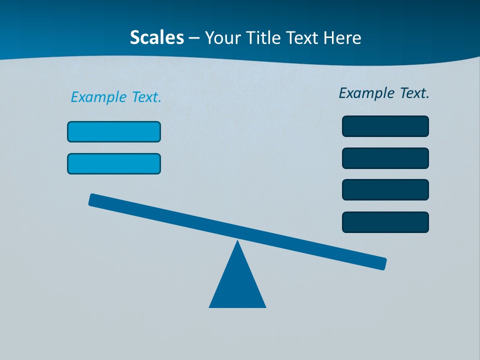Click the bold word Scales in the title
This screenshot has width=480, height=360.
click(156, 38)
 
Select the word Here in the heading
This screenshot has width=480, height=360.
click(342, 38)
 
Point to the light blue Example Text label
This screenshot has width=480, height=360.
click(116, 97)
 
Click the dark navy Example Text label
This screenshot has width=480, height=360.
click(384, 93)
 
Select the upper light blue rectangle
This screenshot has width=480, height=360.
click(114, 131)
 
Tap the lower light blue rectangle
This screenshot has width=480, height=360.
click(114, 163)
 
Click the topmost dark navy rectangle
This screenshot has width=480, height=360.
click(385, 126)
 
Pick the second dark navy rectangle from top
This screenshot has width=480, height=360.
click(385, 158)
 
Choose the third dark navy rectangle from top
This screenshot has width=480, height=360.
click(385, 189)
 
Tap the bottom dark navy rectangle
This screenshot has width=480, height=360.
click(385, 222)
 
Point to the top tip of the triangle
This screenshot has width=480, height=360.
click(237, 242)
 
